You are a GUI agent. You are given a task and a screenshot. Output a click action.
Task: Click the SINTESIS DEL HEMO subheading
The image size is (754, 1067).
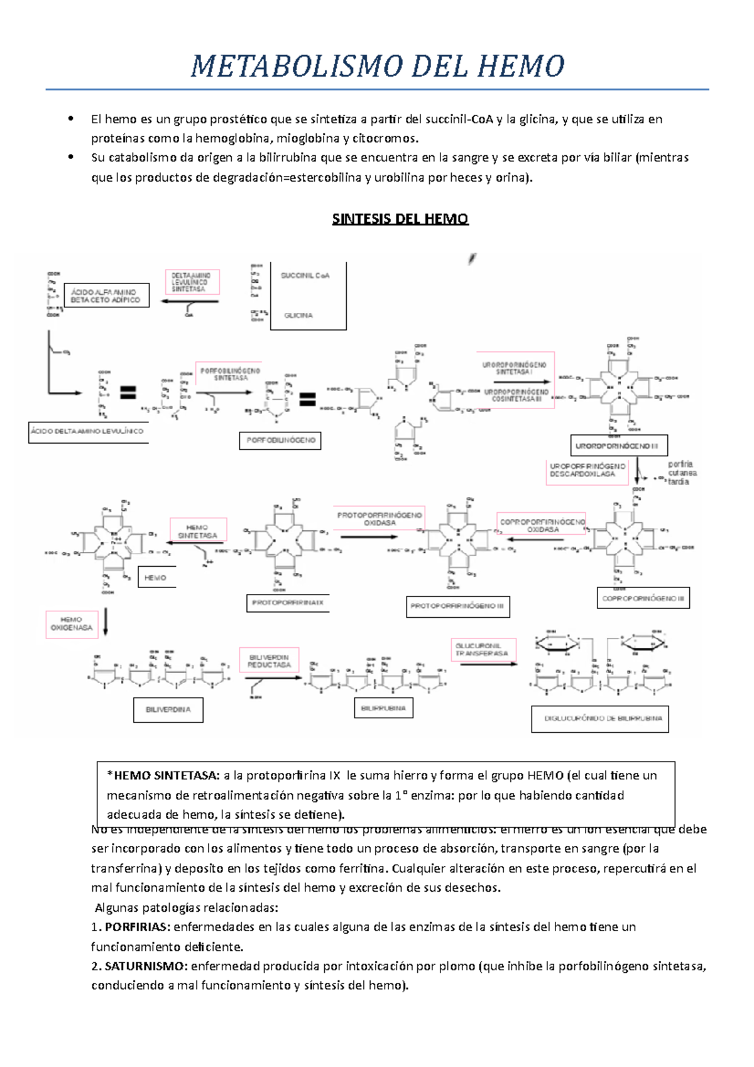click(400, 219)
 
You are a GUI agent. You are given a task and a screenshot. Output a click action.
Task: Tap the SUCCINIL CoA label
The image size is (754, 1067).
click(305, 276)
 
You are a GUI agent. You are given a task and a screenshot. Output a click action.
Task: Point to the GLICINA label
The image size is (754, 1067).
click(298, 315)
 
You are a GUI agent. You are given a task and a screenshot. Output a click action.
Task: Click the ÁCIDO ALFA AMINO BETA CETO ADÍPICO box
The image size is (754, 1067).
click(106, 296)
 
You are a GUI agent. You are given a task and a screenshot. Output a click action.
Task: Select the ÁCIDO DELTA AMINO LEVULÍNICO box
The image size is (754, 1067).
click(87, 432)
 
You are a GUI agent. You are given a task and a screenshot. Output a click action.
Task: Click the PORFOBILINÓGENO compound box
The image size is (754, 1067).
click(280, 440)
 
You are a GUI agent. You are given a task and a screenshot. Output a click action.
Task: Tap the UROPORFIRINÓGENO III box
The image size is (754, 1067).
click(618, 446)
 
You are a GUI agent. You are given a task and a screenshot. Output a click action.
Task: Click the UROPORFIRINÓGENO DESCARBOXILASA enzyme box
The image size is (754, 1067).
click(587, 471)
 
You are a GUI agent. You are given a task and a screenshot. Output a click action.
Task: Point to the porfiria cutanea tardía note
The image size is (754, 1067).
click(682, 473)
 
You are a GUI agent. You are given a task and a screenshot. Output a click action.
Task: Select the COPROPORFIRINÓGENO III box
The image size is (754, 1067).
click(642, 598)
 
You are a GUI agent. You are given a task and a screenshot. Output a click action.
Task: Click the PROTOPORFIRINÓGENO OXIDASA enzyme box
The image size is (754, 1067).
click(380, 519)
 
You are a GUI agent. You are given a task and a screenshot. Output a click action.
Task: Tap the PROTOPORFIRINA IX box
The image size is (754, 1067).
click(288, 603)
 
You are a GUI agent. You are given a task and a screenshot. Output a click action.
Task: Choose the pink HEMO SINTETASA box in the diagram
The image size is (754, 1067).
click(198, 532)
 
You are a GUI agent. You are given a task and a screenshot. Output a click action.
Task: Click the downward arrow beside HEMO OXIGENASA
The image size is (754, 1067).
click(106, 621)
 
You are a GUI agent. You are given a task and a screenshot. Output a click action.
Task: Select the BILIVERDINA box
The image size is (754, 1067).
click(168, 710)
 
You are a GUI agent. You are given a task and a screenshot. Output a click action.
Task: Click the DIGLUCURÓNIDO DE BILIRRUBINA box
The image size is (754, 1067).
click(600, 719)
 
